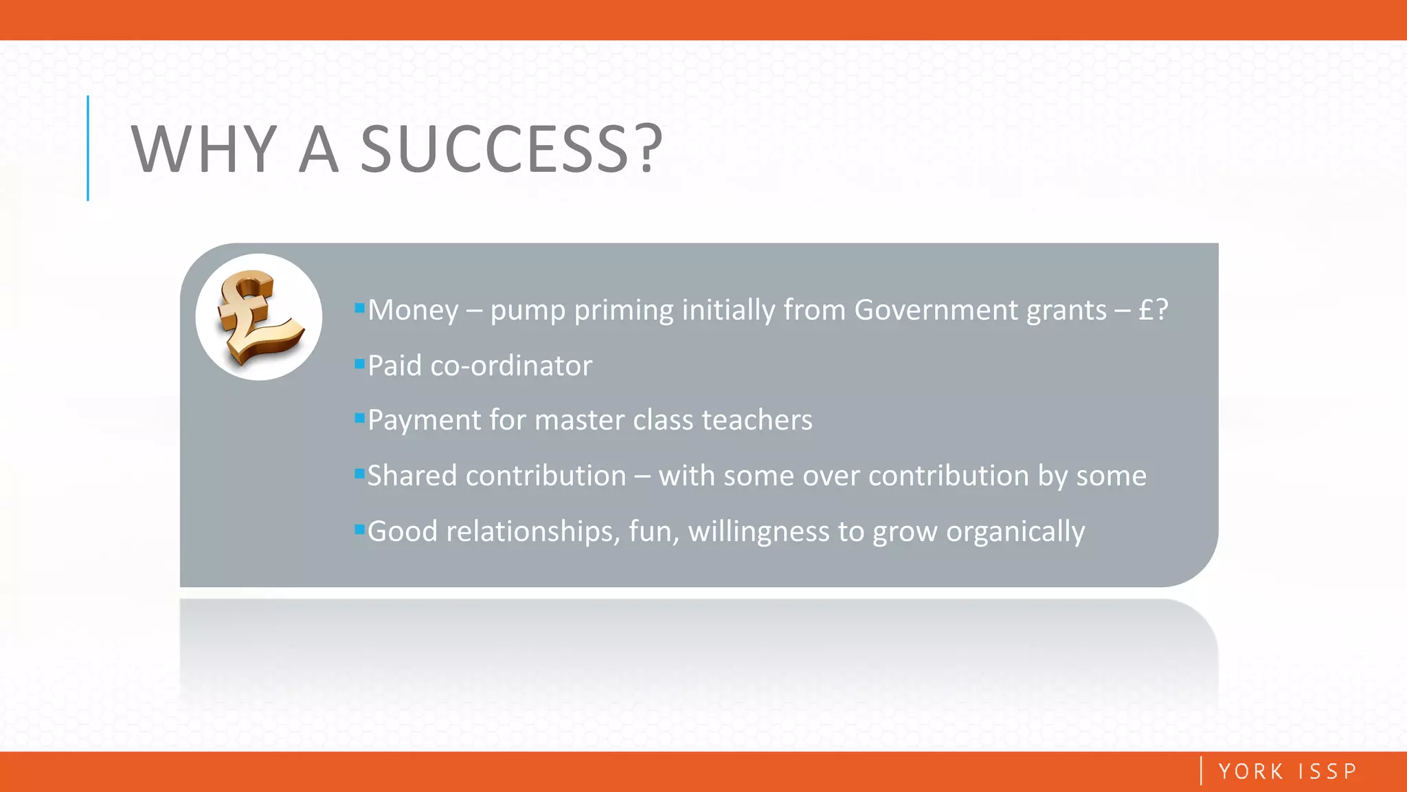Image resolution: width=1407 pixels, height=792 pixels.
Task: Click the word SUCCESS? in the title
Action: (511, 149)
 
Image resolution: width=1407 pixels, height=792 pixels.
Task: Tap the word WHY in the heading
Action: (204, 149)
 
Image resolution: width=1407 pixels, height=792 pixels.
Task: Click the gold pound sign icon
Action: (258, 317)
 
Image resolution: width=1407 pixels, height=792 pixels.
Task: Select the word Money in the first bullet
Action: (413, 310)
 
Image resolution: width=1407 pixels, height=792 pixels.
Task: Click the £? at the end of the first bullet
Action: (1153, 310)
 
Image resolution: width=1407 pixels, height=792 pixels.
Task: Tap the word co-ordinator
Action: (511, 366)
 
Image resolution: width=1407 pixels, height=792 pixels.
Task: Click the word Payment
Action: (424, 420)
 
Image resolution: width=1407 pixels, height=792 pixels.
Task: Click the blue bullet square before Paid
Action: (359, 364)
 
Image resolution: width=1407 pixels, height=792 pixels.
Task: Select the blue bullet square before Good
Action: (359, 529)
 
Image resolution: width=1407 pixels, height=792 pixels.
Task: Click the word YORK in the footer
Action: (1250, 771)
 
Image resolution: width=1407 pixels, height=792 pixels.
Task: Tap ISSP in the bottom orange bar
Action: (1327, 771)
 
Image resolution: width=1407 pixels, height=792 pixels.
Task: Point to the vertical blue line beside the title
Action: (88, 148)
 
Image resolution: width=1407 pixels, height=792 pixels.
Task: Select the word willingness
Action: (758, 531)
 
